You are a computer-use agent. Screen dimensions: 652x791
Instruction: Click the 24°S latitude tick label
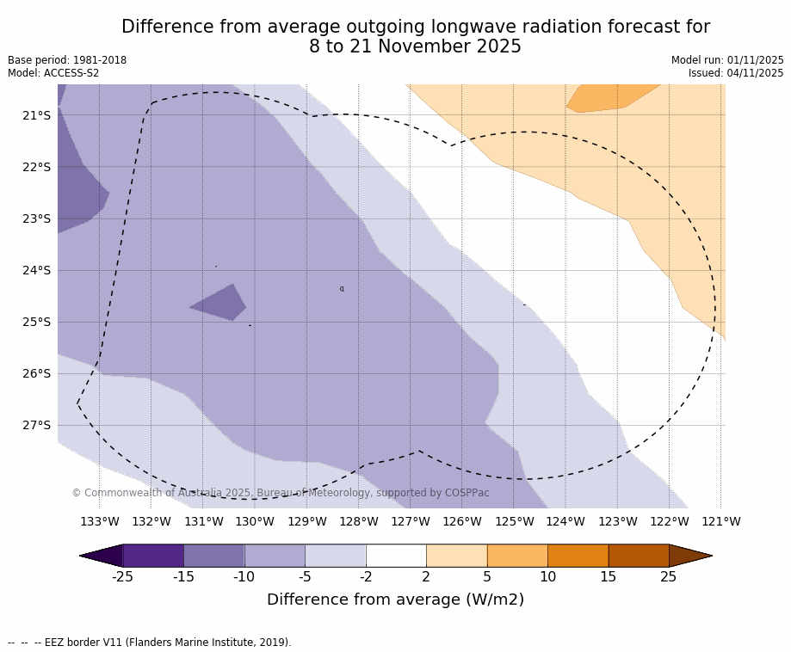tap(36, 270)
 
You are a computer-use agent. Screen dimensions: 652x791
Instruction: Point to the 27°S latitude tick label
tap(36, 425)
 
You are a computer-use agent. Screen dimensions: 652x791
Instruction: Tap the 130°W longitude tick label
tap(255, 521)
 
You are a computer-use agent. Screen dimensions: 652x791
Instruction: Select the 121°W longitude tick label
tap(720, 521)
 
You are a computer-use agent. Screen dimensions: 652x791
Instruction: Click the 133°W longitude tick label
tap(100, 521)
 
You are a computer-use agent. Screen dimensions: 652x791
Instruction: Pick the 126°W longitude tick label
tap(462, 521)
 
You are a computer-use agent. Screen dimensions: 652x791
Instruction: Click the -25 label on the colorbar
tap(123, 577)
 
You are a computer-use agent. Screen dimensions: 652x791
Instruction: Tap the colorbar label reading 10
tap(547, 577)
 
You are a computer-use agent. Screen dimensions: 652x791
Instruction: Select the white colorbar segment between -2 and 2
tap(396, 556)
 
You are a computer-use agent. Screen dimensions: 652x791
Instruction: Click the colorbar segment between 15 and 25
tap(639, 556)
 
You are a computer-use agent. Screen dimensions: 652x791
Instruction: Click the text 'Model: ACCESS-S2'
tap(53, 73)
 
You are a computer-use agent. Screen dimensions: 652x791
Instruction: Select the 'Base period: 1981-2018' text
tap(67, 60)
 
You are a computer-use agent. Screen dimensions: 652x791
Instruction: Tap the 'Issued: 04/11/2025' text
tap(736, 73)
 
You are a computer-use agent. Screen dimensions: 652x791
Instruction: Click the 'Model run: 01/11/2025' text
tap(727, 60)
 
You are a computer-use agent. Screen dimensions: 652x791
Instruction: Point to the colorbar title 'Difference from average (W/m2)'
tap(395, 600)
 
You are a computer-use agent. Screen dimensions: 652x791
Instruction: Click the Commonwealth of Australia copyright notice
tap(281, 493)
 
